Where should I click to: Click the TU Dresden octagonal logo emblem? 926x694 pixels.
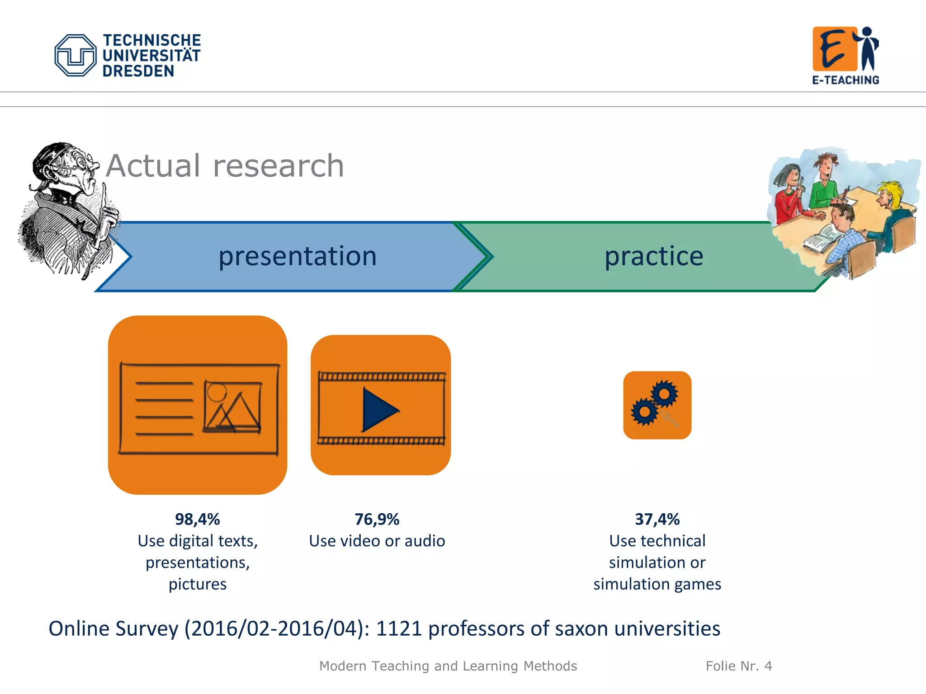pos(75,55)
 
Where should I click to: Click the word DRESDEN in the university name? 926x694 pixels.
pos(138,71)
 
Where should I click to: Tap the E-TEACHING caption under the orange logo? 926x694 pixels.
pos(845,80)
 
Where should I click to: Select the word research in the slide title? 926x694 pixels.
pos(279,166)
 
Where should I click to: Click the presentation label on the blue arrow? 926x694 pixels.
pos(297,256)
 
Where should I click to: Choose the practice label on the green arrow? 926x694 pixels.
pos(654,256)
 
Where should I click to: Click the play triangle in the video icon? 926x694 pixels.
pos(379,410)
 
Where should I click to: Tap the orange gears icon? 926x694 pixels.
pos(657,405)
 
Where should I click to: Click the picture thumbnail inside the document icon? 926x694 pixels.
pos(232,406)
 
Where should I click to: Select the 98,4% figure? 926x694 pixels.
pos(197,519)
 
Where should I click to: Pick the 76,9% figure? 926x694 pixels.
pos(377,519)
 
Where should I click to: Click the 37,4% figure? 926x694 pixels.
pos(657,519)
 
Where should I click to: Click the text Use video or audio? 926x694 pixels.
pos(377,541)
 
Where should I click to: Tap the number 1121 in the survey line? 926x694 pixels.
pos(399,628)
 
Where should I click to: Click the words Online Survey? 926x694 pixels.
pos(113,628)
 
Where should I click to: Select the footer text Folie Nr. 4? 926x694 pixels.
pos(738,666)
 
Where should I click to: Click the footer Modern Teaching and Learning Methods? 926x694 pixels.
pos(448,666)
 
